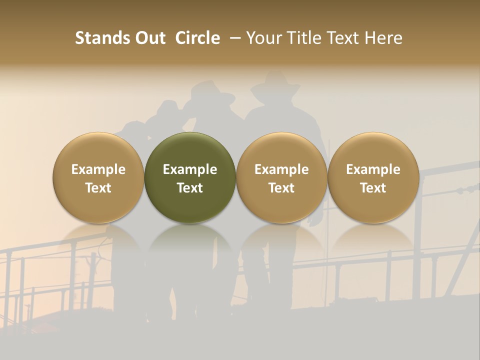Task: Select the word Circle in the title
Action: [197, 38]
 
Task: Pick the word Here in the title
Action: [383, 38]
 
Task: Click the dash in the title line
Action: [233, 38]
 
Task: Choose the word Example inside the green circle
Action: [190, 169]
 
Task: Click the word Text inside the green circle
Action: [190, 188]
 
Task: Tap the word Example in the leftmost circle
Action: [98, 169]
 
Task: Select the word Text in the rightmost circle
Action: [373, 188]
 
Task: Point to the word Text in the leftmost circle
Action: [98, 188]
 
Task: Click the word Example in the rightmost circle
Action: [373, 169]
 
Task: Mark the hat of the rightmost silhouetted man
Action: [275, 84]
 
